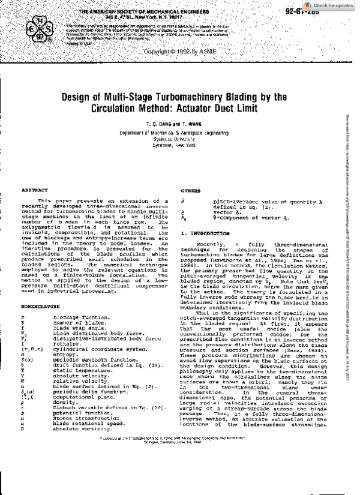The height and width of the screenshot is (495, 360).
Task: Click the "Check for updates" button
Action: (x=333, y=5)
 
